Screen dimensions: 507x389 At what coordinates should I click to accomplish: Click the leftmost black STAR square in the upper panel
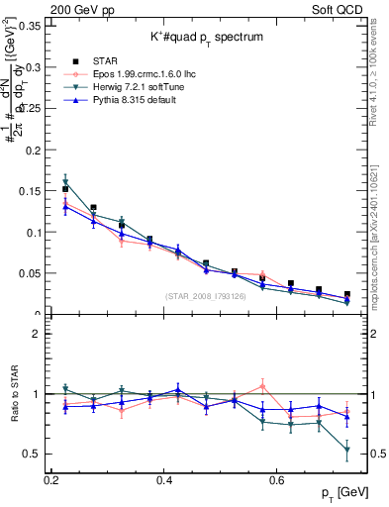(65, 188)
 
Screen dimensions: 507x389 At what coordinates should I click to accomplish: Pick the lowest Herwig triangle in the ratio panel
(346, 451)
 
